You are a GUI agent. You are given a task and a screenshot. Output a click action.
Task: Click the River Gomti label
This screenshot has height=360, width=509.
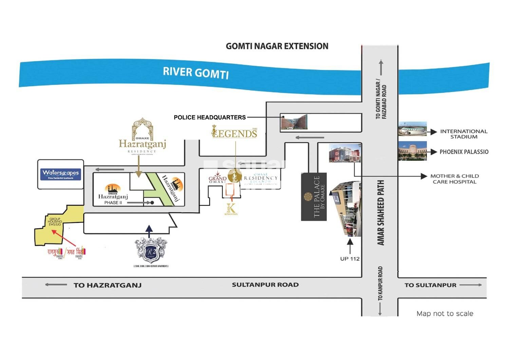196,72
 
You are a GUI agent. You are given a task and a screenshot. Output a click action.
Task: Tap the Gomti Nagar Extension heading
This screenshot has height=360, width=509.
277,46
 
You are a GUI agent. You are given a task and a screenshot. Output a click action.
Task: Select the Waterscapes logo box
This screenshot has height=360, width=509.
61,174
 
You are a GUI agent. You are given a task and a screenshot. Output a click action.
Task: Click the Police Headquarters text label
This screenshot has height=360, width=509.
210,118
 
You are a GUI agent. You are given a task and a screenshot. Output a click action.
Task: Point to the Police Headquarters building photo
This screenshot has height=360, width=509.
294,122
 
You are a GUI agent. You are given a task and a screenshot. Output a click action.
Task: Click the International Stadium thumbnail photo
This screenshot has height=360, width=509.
412,129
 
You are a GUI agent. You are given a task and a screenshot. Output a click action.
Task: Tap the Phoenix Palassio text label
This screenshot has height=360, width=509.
464,152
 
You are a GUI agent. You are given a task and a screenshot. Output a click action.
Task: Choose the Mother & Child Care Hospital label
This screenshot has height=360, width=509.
454,179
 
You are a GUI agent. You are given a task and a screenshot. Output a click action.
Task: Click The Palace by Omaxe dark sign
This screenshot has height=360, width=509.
314,197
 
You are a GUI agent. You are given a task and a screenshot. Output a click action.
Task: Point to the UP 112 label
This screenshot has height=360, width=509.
350,259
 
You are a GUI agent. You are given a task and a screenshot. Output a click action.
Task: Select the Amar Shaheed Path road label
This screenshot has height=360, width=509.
381,213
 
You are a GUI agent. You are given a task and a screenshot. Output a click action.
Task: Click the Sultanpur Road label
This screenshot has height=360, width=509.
265,285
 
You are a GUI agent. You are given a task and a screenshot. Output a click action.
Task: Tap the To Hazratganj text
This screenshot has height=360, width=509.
107,285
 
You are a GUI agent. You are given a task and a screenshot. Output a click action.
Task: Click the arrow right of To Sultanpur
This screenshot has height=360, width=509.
471,285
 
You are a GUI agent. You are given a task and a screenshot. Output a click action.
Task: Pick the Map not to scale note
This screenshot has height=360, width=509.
445,313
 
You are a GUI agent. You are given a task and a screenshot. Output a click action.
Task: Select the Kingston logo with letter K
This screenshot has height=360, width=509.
231,209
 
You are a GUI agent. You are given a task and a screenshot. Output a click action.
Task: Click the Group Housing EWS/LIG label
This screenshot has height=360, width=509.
55,222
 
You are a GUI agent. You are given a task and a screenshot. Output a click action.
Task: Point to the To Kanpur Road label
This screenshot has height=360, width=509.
380,283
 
